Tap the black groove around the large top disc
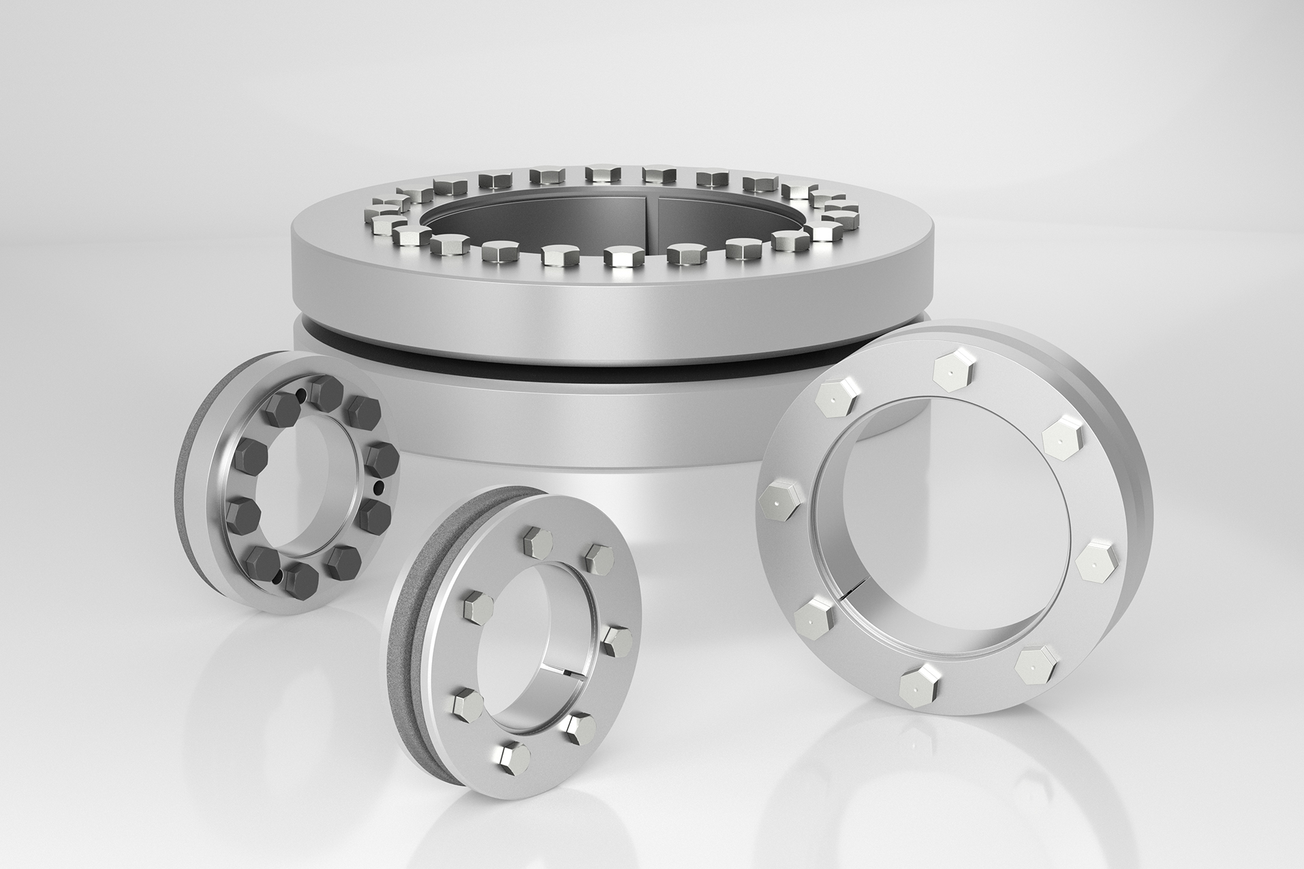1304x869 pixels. [x=477, y=359]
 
